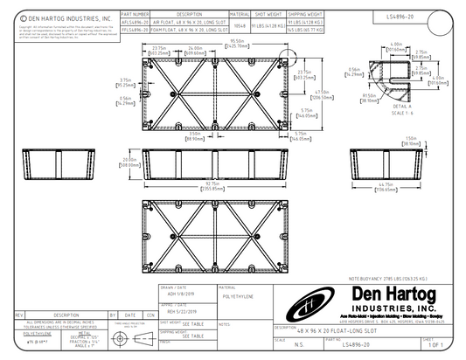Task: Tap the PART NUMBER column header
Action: tap(135, 15)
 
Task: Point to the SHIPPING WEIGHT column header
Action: tap(300, 15)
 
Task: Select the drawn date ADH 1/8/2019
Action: tap(178, 293)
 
